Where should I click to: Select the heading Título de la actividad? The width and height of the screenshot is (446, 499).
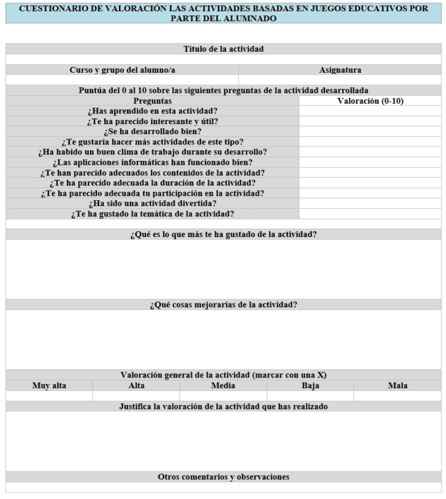pos(223,49)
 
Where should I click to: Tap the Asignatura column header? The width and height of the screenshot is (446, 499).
pos(340,70)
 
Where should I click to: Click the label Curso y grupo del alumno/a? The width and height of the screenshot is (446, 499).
pos(122,70)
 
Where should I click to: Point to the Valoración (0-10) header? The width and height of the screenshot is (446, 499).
pos(370,101)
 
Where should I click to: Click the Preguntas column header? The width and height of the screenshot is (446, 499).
pos(152,101)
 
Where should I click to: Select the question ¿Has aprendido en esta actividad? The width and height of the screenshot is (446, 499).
pos(152,111)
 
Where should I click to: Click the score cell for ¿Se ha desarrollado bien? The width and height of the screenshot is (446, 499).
pos(370,131)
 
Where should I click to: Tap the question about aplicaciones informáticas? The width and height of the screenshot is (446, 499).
pos(152,162)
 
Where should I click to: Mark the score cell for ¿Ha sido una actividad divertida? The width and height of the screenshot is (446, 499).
pos(370,204)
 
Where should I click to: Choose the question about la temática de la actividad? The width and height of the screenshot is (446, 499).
pos(152,213)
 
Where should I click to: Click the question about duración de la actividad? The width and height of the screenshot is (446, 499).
pos(152,183)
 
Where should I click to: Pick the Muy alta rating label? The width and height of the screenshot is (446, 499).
pos(49,385)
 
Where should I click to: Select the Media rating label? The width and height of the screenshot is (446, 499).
pos(223,385)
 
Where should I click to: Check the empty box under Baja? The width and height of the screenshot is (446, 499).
pos(310,396)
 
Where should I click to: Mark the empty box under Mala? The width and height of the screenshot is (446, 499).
pos(397,396)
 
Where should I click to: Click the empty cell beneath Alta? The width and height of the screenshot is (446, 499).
pos(136,396)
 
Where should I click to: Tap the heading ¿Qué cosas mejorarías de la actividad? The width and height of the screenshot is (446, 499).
pos(223,305)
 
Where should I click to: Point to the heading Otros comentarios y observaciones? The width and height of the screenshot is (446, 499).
pos(223,477)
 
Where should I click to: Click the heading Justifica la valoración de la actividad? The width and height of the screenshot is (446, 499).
pos(223,406)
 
